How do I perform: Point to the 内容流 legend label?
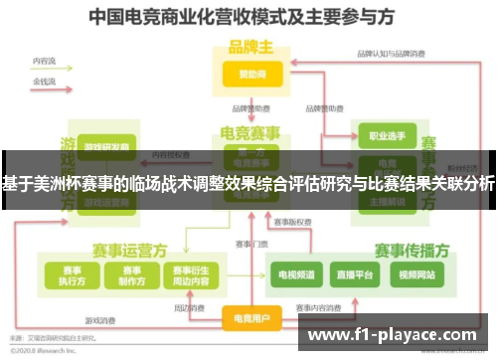pyautogui.click(x=44, y=62)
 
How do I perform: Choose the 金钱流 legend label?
pyautogui.click(x=44, y=79)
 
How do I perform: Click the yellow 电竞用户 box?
pyautogui.click(x=249, y=319)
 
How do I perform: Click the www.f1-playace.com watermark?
pyautogui.click(x=397, y=335)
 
